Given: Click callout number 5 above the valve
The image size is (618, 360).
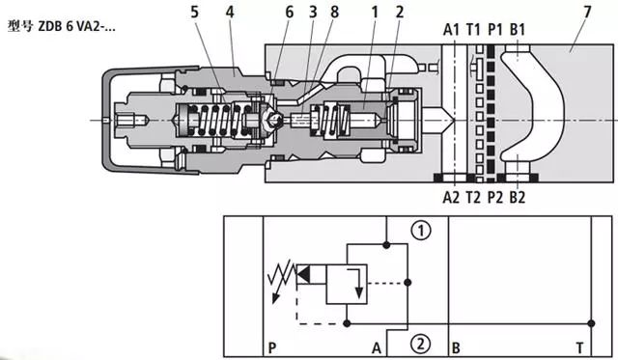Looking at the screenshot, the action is (x=195, y=13).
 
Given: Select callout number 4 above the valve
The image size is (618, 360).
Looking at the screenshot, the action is (x=230, y=13).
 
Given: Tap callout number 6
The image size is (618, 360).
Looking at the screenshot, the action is (x=290, y=13).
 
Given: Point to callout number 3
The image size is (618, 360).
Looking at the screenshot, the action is (x=313, y=13).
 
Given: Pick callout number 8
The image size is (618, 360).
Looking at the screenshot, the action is (x=335, y=13).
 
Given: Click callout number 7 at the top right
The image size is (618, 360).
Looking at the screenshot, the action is (x=587, y=13).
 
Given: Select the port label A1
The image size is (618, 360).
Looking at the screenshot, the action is (x=451, y=30).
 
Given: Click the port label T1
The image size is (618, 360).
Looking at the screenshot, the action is (x=473, y=30).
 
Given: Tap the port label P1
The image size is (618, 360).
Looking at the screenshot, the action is (x=495, y=30).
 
